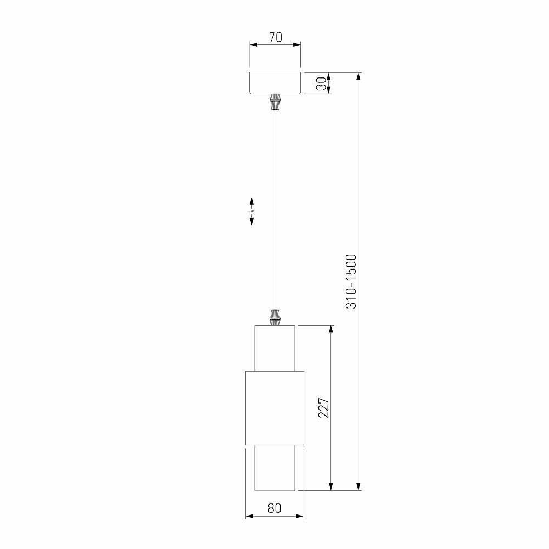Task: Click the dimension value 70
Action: (x=275, y=37)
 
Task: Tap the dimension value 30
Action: (x=321, y=83)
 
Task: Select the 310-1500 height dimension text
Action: (x=351, y=282)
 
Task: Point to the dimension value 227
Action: (x=323, y=407)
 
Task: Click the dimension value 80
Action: (x=274, y=508)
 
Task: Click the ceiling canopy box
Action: (x=275, y=83)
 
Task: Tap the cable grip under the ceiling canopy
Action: (x=275, y=102)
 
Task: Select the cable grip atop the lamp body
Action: (x=275, y=317)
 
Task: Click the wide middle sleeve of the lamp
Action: (x=275, y=408)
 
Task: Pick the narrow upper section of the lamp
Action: (x=275, y=348)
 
